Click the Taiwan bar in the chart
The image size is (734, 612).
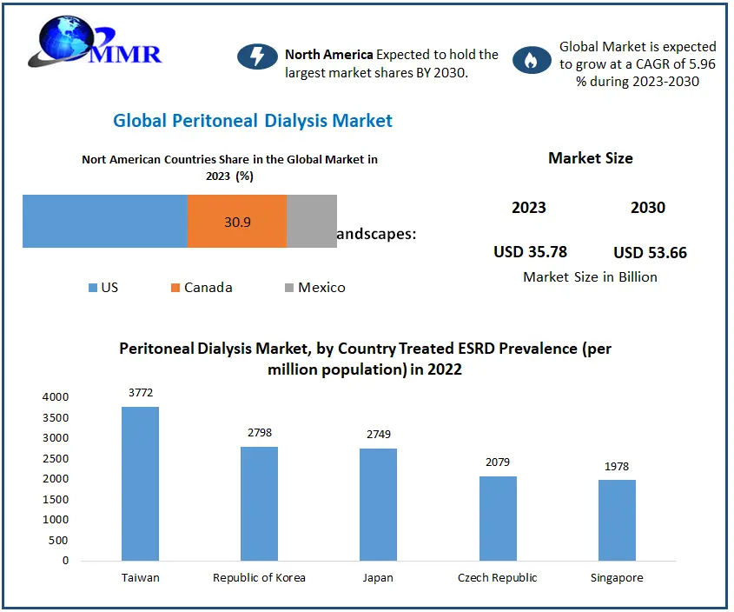[140, 483]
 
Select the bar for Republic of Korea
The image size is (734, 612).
[259, 503]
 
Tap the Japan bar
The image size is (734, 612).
[378, 504]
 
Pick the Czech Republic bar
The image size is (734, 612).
[497, 518]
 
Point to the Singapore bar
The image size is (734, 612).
[617, 520]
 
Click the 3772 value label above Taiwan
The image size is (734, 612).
[140, 393]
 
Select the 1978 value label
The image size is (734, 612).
[617, 467]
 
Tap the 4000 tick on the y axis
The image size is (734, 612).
[54, 396]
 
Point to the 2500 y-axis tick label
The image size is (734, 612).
[54, 458]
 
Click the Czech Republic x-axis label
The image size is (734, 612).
[497, 578]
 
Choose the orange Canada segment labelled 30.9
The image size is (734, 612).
[237, 222]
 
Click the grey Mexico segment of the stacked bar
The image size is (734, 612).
[312, 222]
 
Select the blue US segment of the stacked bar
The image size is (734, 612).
[105, 222]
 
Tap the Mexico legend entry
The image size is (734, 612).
[314, 288]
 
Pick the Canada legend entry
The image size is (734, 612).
[202, 288]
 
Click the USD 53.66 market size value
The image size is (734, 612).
[650, 253]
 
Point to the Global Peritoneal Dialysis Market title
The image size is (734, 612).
[253, 121]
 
